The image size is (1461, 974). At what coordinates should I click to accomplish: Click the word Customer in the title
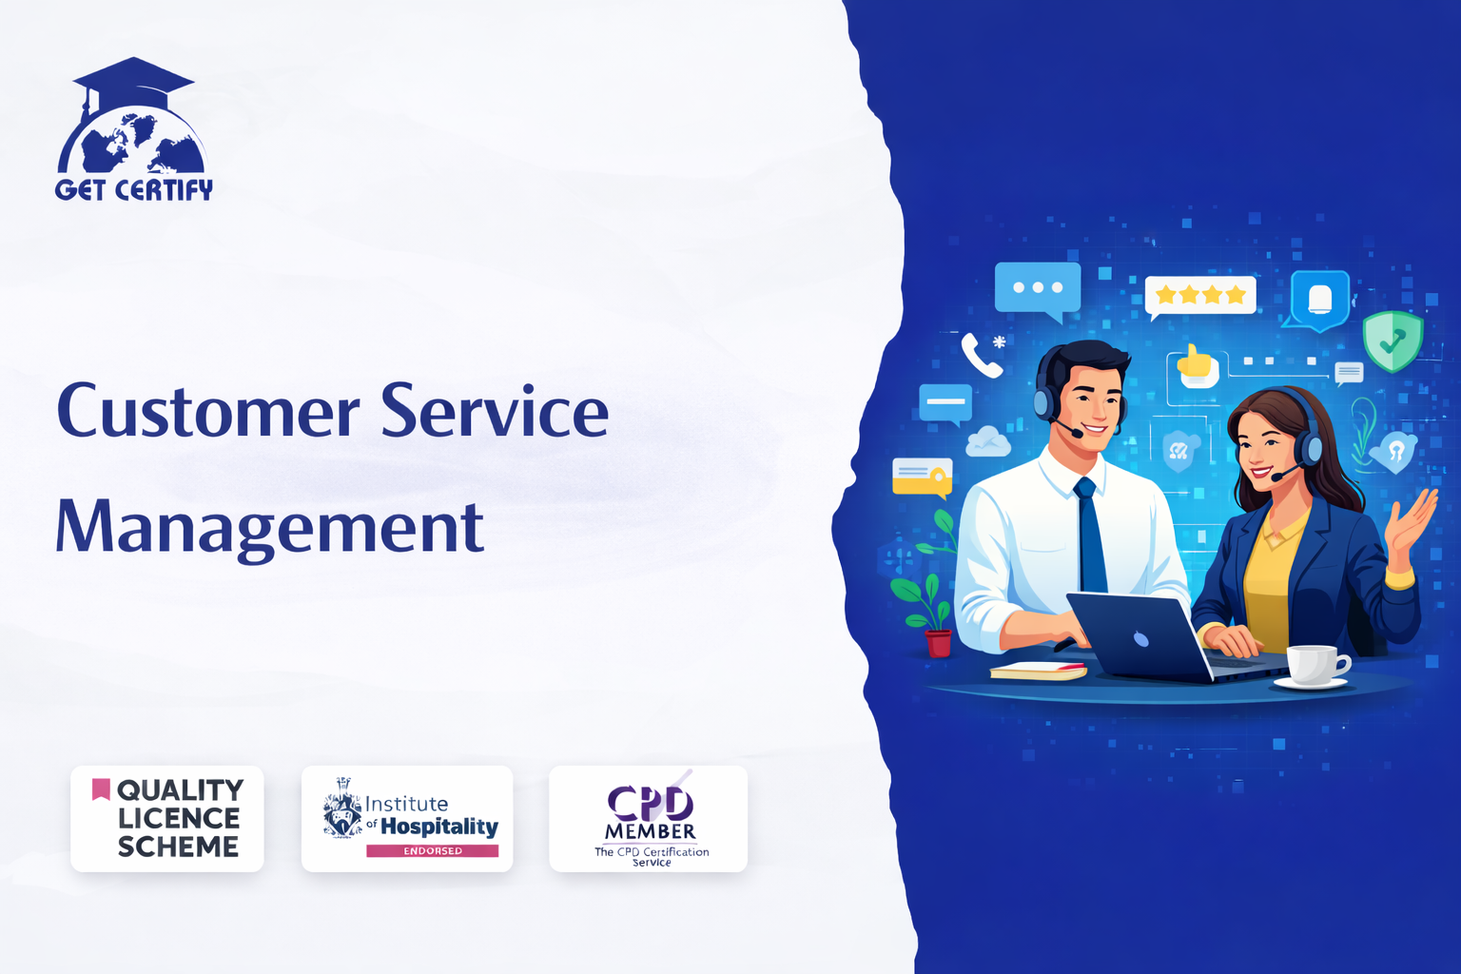click(x=208, y=412)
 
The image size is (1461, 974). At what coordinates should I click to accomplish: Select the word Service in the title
click(x=495, y=410)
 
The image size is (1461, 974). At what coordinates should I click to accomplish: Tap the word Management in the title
click(x=270, y=529)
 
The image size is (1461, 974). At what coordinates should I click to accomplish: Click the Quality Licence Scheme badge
click(x=167, y=819)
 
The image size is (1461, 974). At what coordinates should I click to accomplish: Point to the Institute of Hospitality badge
click(x=407, y=819)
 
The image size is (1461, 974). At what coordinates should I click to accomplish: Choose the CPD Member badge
click(x=649, y=819)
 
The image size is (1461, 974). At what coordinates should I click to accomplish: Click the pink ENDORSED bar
click(x=433, y=850)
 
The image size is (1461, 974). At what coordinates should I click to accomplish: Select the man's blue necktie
click(x=1090, y=535)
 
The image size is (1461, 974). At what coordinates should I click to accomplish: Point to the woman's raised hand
click(x=1412, y=529)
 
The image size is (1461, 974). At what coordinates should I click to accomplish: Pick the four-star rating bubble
click(x=1200, y=297)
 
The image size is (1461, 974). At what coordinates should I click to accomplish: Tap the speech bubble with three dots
click(x=1038, y=290)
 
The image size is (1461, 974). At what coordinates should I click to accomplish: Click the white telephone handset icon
click(x=981, y=356)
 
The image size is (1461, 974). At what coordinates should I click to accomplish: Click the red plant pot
click(x=938, y=643)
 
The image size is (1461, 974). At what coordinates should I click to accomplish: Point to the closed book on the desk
click(x=1038, y=671)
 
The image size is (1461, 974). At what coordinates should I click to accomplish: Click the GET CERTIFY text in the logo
click(x=134, y=190)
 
